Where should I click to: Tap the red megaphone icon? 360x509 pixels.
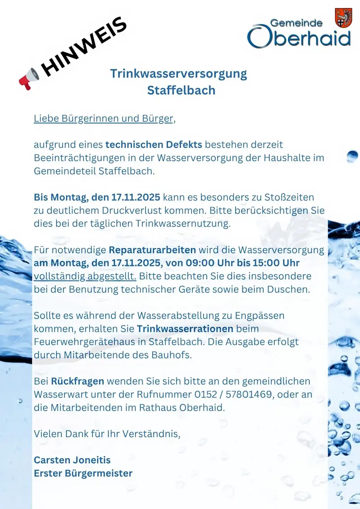pyautogui.click(x=29, y=79)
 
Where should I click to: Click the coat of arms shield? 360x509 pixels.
pyautogui.click(x=343, y=18)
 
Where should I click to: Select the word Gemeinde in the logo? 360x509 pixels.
pyautogui.click(x=296, y=23)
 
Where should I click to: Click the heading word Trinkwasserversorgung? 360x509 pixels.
pyautogui.click(x=179, y=73)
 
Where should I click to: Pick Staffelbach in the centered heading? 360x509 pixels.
pyautogui.click(x=181, y=90)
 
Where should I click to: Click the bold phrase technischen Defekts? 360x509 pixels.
pyautogui.click(x=154, y=145)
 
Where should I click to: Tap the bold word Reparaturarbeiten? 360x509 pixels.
pyautogui.click(x=152, y=250)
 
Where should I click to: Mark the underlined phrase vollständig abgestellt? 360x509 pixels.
pyautogui.click(x=85, y=276)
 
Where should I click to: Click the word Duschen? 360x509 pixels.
pyautogui.click(x=288, y=289)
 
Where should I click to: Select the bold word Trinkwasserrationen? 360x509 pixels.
pyautogui.click(x=185, y=329)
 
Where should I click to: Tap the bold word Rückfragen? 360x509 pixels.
pyautogui.click(x=77, y=381)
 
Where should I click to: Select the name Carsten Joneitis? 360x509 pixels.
pyautogui.click(x=72, y=460)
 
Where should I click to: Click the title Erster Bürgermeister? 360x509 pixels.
pyautogui.click(x=83, y=473)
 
